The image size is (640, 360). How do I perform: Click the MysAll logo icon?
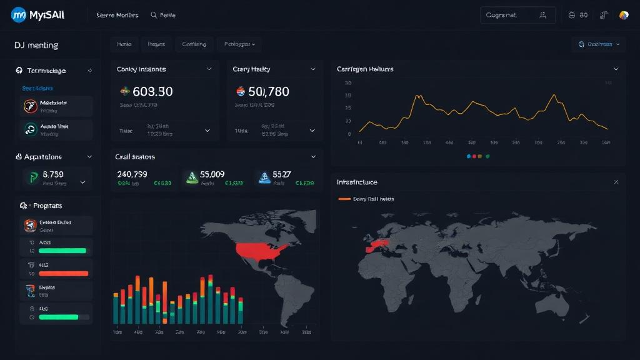click(x=19, y=15)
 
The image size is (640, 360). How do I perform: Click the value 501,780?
click(x=269, y=91)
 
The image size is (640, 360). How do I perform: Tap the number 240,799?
click(x=132, y=174)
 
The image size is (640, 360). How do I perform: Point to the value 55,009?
click(x=212, y=174)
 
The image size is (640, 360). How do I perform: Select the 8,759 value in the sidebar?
click(x=53, y=174)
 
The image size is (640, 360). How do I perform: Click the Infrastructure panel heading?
click(x=357, y=182)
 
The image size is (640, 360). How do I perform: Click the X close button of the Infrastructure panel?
click(x=616, y=182)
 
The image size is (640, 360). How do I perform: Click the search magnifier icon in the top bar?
click(x=154, y=15)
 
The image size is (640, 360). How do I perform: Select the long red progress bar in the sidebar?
click(x=63, y=273)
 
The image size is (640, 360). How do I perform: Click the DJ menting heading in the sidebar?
click(x=36, y=45)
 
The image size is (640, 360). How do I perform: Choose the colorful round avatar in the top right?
click(x=623, y=15)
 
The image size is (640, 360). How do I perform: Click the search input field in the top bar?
click(x=509, y=15)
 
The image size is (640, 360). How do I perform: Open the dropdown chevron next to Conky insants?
click(x=209, y=69)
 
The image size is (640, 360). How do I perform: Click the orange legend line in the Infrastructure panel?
click(x=344, y=199)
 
